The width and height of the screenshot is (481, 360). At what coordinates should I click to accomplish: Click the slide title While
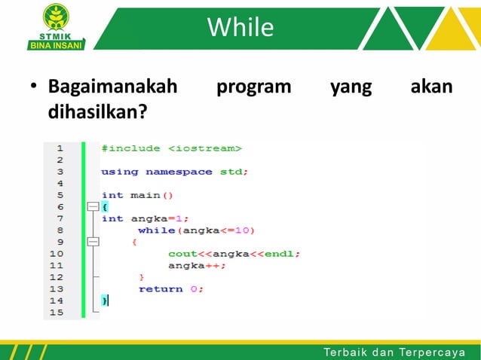tap(240, 28)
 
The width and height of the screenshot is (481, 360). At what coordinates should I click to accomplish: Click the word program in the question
tap(254, 87)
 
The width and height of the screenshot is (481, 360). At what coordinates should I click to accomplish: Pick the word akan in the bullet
tap(431, 87)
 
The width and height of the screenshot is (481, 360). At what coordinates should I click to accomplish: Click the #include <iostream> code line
tap(171, 148)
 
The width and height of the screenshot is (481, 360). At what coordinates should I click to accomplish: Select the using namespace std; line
tap(175, 172)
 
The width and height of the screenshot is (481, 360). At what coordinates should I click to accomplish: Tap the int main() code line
tap(137, 195)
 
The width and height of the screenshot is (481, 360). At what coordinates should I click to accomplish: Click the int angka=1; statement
tap(145, 218)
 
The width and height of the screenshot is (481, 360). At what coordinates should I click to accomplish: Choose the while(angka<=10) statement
tap(196, 230)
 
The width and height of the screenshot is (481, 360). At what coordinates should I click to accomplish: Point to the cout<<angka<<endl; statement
tap(234, 254)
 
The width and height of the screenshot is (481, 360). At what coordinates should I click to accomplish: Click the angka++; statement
tap(197, 265)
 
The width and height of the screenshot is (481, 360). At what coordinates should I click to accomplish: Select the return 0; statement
tap(171, 288)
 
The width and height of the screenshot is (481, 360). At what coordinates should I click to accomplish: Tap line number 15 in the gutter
tap(57, 312)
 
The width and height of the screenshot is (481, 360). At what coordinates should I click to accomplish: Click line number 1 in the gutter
tap(59, 148)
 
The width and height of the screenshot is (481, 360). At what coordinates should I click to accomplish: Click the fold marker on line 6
tap(92, 206)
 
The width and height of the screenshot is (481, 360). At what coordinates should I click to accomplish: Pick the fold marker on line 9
tap(92, 242)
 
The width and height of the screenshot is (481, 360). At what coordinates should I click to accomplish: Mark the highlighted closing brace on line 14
tap(105, 301)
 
